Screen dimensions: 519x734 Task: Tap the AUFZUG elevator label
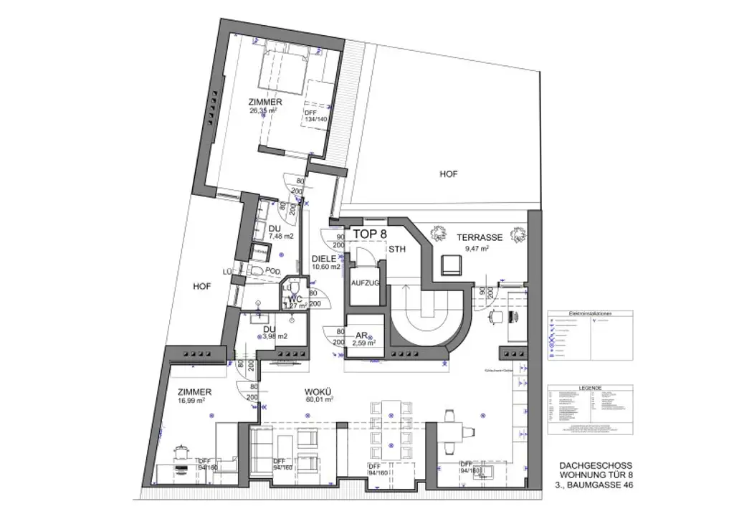[x=364, y=283]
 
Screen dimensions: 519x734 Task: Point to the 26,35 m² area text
[x=265, y=111]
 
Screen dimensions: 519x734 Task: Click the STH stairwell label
[x=397, y=249]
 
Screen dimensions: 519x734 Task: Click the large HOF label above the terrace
[x=449, y=173]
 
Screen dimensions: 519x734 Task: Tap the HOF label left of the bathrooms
[x=202, y=286]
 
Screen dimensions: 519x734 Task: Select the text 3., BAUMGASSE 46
[x=594, y=485]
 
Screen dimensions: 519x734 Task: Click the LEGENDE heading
[x=591, y=386]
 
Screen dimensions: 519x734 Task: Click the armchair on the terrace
[x=453, y=265]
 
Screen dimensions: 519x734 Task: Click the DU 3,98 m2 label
[x=273, y=332]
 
